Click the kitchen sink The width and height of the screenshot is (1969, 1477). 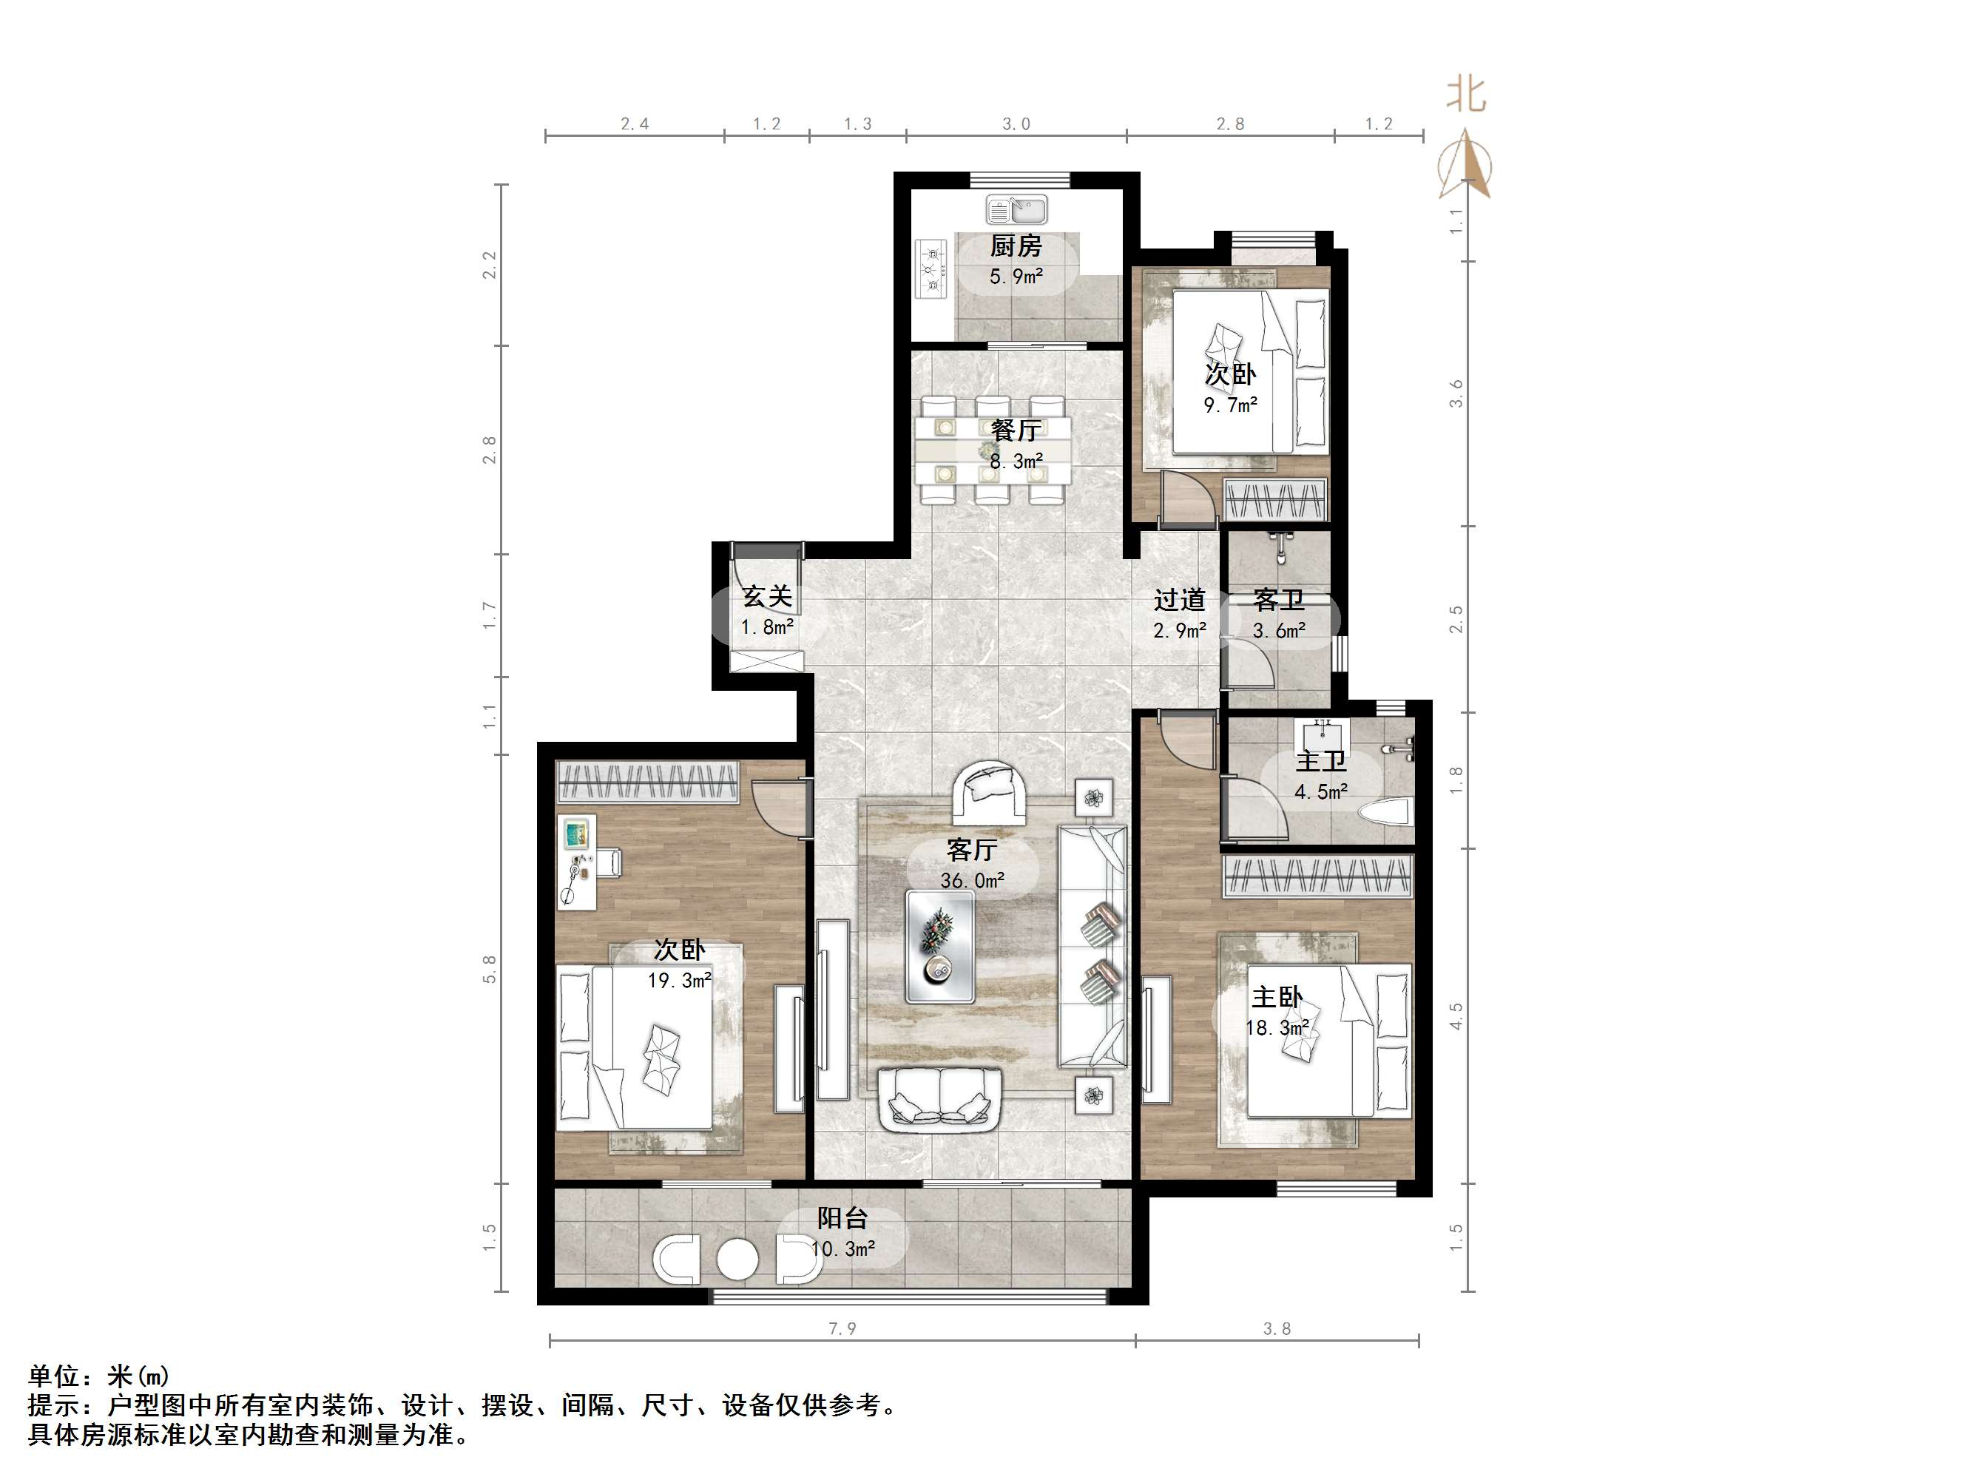pyautogui.click(x=1016, y=211)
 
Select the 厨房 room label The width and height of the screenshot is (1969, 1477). pyautogui.click(x=1016, y=246)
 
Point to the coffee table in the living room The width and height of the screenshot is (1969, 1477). pyautogui.click(x=940, y=947)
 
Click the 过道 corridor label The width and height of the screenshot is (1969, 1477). pyautogui.click(x=1180, y=600)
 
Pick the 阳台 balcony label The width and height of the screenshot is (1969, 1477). pyautogui.click(x=842, y=1218)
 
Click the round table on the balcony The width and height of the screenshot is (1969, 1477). pyautogui.click(x=738, y=1260)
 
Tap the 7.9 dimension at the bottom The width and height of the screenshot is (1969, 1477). pyautogui.click(x=842, y=1329)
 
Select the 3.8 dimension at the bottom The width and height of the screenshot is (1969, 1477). pyautogui.click(x=1277, y=1329)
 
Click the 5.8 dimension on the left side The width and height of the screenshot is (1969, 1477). pyautogui.click(x=490, y=969)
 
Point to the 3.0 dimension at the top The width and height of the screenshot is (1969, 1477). pyautogui.click(x=1016, y=124)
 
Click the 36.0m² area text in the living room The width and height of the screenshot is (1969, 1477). pyautogui.click(x=972, y=880)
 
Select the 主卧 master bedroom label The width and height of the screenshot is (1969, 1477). pyautogui.click(x=1278, y=997)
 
